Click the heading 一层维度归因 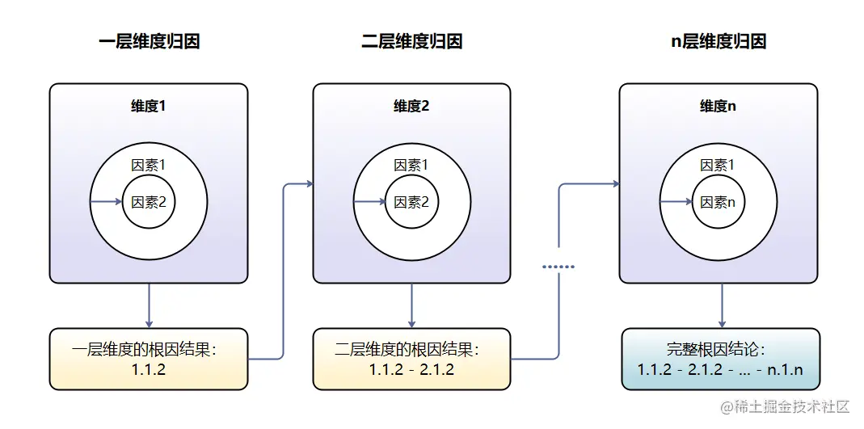[149, 42]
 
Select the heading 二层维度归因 [412, 42]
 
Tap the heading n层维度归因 [719, 42]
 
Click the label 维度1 [149, 107]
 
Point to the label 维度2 [412, 107]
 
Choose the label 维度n [719, 107]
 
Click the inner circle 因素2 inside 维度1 [149, 203]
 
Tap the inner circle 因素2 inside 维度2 [412, 203]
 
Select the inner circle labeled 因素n [719, 203]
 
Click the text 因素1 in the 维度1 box [149, 166]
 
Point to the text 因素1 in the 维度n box [719, 166]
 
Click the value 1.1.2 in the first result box [149, 370]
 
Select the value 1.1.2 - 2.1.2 [412, 370]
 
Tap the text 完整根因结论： [717, 350]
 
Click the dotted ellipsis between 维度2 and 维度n [558, 266]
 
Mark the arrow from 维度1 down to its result [149, 305]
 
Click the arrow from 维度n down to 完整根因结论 [722, 305]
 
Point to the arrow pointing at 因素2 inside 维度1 [106, 202]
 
